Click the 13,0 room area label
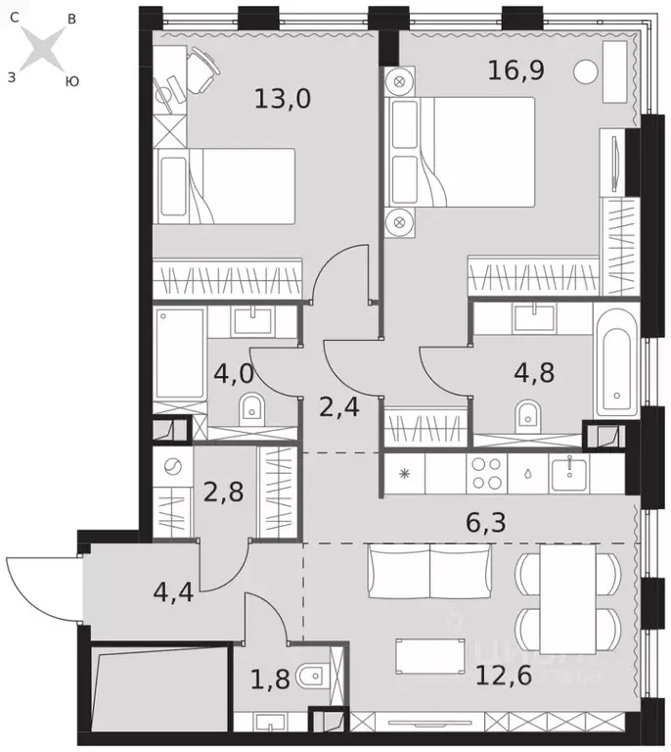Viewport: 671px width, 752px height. (x=282, y=98)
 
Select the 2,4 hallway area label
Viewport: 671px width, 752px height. (x=339, y=406)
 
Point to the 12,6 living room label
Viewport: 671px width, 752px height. (x=504, y=675)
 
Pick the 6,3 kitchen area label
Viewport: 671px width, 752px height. (x=485, y=526)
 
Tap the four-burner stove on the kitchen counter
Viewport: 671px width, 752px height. (x=486, y=474)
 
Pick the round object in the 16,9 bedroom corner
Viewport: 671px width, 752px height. (x=586, y=70)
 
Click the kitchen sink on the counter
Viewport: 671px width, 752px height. (x=566, y=474)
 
